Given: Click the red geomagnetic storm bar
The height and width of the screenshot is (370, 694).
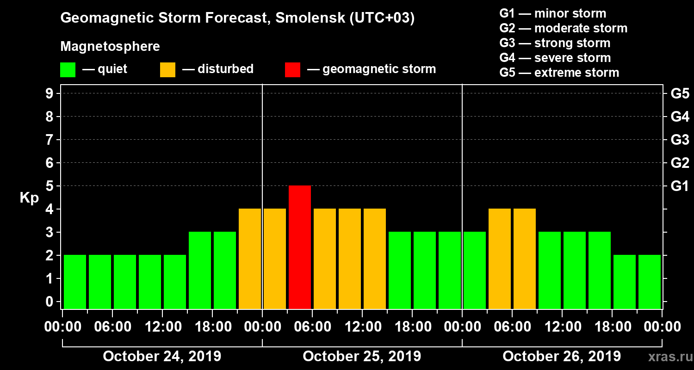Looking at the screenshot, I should pos(299,247).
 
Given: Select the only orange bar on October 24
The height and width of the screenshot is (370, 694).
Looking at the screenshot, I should pos(250,259).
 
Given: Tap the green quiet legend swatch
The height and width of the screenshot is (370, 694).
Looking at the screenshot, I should pos(68,70).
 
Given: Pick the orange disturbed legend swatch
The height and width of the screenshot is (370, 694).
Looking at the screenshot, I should pos(167,70).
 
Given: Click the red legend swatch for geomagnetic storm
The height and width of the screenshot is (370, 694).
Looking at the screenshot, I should pos(292,70).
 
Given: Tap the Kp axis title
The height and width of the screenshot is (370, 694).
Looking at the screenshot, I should pos(29,198).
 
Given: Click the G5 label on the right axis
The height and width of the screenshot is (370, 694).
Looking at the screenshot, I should pos(680,94).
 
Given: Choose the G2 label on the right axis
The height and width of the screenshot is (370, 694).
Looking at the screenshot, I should pos(680,163).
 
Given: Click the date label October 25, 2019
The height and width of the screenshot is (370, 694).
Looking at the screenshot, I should pos(362,357).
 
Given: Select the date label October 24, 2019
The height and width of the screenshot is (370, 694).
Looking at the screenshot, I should pos(162,357).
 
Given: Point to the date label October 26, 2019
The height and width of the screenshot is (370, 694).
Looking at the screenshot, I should pos(562,357).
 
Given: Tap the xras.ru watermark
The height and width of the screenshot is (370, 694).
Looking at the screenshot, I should pos(668,357).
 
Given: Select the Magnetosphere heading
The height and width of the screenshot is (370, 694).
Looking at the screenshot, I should pos(110,47).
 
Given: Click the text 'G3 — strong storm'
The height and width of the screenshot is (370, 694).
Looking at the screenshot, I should pos(555,43).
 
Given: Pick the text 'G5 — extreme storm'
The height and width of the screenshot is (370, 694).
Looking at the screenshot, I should pos(559,73).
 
